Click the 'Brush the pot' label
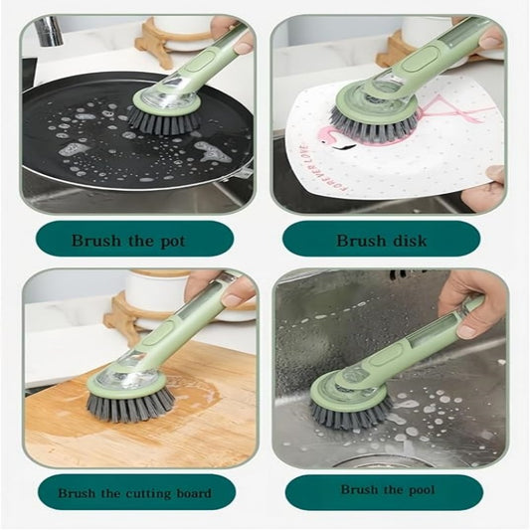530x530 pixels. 129,240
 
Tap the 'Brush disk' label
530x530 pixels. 381,240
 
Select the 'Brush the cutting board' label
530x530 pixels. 134,493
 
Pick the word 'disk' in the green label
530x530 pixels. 410,240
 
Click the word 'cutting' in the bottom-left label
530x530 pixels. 141,493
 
